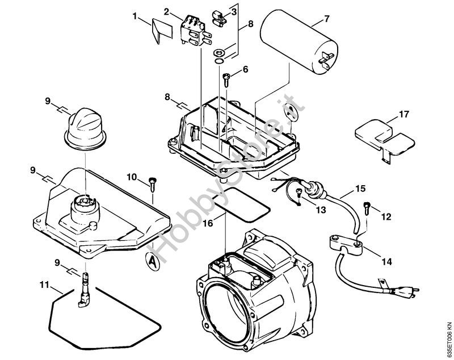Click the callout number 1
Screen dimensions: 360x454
134,16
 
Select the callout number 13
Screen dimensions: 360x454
321,210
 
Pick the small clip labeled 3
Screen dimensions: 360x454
220,16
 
